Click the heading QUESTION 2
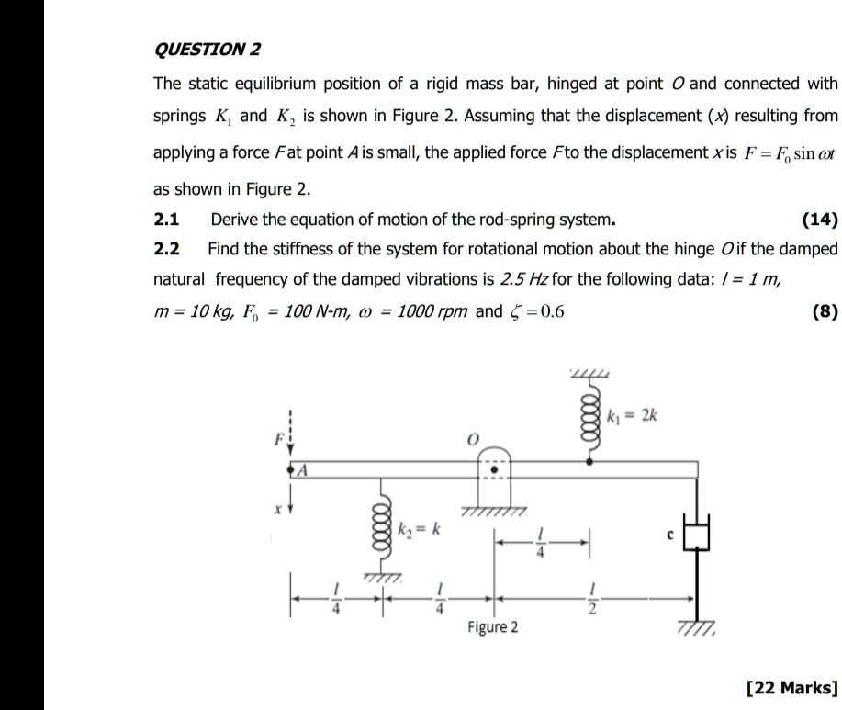(x=208, y=49)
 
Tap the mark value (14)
(x=819, y=220)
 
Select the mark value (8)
(x=825, y=311)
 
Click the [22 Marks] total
(x=792, y=687)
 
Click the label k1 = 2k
(x=633, y=416)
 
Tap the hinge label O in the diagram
(x=473, y=441)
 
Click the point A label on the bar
(x=300, y=470)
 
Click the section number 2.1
(x=166, y=220)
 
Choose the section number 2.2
(x=166, y=249)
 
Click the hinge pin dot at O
(x=493, y=466)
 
